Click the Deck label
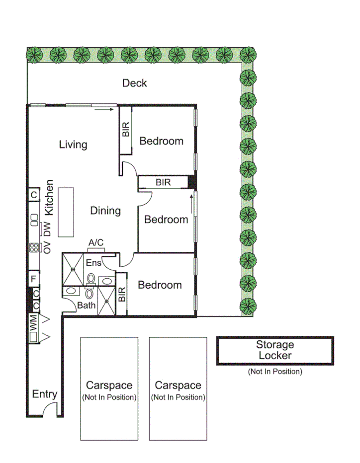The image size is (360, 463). tap(134, 83)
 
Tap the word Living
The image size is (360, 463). tap(73, 145)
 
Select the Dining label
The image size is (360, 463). tap(105, 211)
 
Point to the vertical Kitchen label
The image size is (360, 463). tap(49, 197)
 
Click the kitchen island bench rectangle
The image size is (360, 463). tap(66, 212)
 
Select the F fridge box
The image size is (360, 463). tap(34, 279)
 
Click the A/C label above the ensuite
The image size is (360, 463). tap(96, 242)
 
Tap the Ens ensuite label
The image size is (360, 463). tap(93, 262)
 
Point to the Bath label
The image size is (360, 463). tap(86, 306)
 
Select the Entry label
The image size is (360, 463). tap(44, 394)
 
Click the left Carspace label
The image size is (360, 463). tap(109, 385)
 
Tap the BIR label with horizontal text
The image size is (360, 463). tap(163, 183)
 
